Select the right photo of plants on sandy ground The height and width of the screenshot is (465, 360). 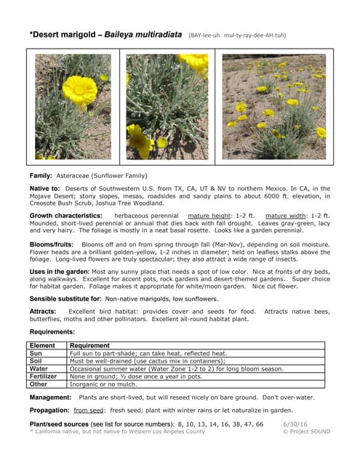[x=274, y=106]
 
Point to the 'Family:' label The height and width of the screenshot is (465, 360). [x=41, y=177]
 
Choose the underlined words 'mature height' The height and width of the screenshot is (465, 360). [x=209, y=216]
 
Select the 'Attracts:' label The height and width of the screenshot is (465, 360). [x=44, y=311]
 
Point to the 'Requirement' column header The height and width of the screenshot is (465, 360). [x=89, y=346]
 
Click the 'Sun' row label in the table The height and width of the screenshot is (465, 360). [x=35, y=353]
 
